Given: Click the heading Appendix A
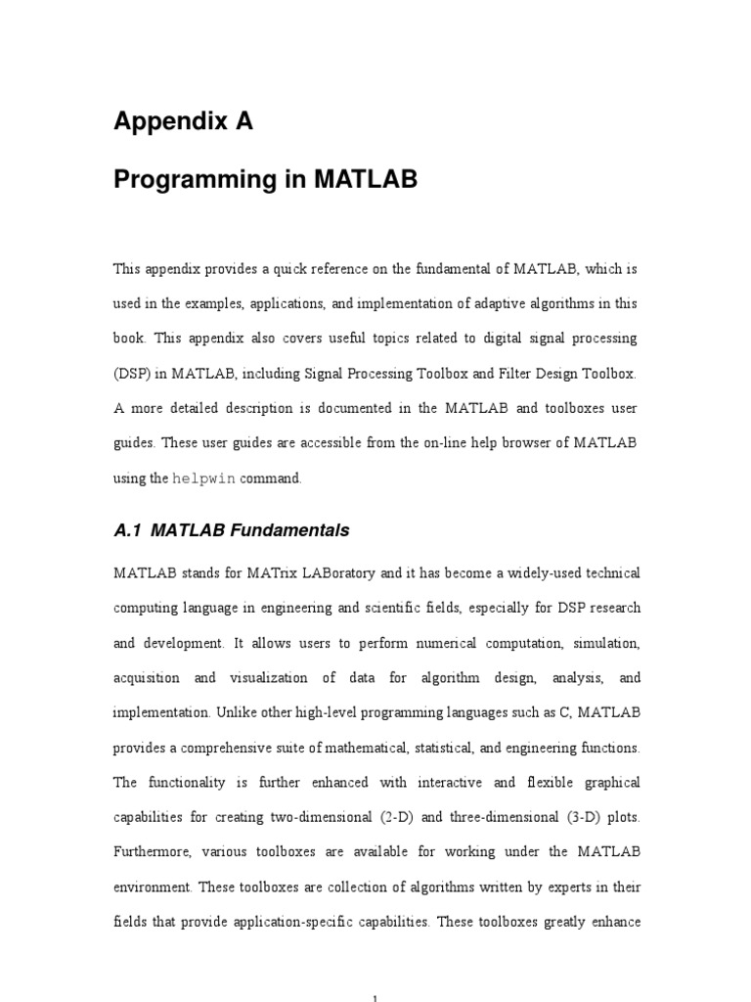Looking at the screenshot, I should (184, 121).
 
